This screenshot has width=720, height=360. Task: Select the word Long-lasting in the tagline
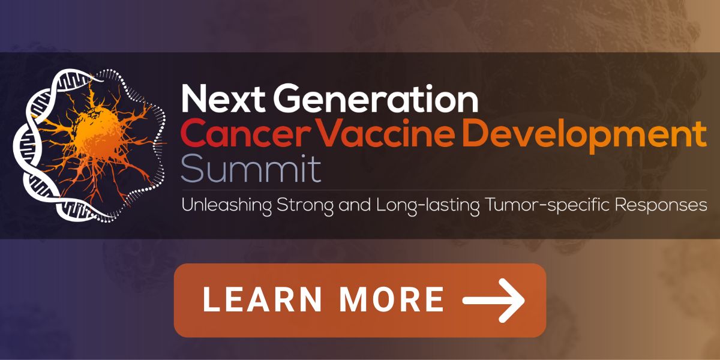(428, 206)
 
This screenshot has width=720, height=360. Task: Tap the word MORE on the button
(392, 299)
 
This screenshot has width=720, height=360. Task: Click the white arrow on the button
(494, 301)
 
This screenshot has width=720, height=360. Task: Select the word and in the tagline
(355, 205)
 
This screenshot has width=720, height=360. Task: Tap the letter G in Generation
(287, 98)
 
